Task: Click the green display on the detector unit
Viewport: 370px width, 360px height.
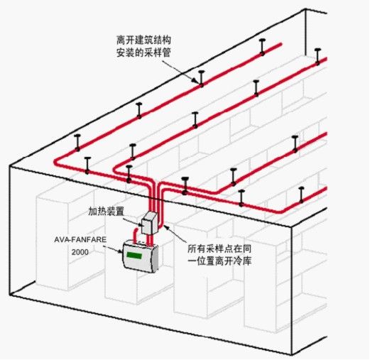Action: (134, 256)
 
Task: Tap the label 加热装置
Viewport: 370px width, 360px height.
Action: (107, 211)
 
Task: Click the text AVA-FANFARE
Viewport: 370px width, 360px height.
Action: (80, 239)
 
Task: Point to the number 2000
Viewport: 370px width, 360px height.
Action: (80, 252)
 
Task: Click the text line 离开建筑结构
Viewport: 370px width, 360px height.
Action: (143, 40)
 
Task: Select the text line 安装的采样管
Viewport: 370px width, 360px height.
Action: (143, 53)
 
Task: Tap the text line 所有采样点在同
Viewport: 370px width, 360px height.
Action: (219, 249)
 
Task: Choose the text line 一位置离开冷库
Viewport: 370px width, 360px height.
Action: (219, 261)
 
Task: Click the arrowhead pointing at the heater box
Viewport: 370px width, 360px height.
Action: (139, 225)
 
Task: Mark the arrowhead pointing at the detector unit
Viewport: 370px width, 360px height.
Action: (120, 251)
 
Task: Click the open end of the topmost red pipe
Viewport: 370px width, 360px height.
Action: (281, 44)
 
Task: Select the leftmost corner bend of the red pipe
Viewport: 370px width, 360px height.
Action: (56, 163)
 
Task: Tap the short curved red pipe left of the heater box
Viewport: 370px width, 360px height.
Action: (136, 235)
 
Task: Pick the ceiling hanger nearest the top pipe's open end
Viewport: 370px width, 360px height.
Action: (262, 47)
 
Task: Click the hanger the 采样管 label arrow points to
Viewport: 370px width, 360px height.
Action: (201, 79)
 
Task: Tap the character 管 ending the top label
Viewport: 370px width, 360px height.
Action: (166, 53)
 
